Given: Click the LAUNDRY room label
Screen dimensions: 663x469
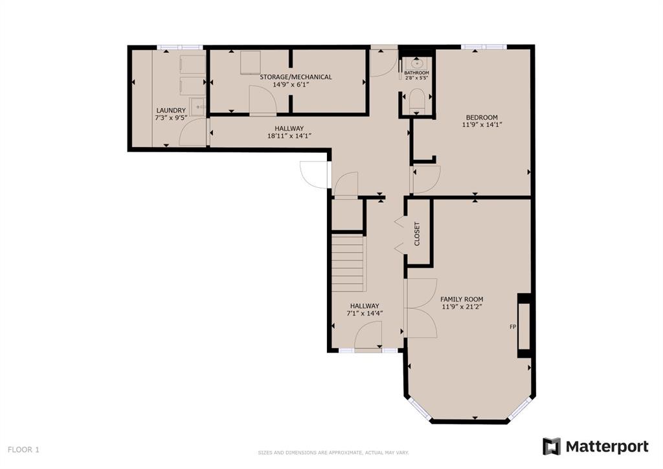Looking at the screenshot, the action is click(x=171, y=110).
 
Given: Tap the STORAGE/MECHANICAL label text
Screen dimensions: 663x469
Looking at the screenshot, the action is click(x=295, y=77).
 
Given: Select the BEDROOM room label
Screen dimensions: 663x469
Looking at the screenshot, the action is click(x=482, y=117).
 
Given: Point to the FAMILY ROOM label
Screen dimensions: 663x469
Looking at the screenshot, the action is click(x=462, y=299).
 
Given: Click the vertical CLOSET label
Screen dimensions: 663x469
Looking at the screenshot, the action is click(x=417, y=234).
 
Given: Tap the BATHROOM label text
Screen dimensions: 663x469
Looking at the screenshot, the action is click(x=416, y=73).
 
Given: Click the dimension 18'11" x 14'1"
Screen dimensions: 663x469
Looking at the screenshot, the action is click(x=289, y=136).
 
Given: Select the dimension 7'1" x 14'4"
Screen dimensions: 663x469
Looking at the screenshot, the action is click(x=365, y=314).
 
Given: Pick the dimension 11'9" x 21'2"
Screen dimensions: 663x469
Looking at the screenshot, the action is click(x=462, y=306).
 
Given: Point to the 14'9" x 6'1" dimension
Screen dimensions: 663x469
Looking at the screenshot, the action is click(x=291, y=85).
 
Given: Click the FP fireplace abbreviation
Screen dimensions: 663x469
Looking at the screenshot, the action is click(x=513, y=326).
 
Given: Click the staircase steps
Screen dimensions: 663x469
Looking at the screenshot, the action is click(x=348, y=263).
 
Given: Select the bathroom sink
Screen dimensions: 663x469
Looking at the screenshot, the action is click(x=416, y=63).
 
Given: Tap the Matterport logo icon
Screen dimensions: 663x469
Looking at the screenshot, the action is click(x=552, y=446).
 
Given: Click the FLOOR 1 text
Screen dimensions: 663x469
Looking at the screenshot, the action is click(x=23, y=450).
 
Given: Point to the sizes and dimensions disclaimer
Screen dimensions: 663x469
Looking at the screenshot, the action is click(x=333, y=453).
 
